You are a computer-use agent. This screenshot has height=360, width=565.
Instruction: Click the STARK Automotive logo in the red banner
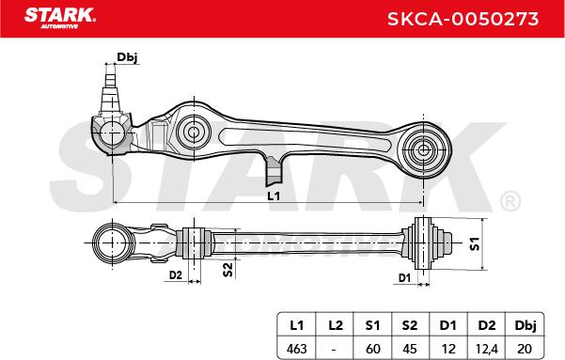pos(60,18)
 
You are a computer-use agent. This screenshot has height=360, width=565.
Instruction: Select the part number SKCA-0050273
pos(463,19)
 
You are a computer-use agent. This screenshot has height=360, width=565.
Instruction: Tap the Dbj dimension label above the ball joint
pos(127,57)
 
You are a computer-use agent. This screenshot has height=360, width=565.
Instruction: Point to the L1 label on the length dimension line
pos(274,196)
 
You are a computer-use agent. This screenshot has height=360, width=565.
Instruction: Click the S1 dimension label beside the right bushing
pos(475,243)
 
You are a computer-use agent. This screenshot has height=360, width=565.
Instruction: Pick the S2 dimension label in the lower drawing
pos(228,270)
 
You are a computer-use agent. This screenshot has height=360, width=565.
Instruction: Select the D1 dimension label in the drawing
pos(404,278)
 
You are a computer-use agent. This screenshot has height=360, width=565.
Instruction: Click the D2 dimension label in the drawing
pos(176,275)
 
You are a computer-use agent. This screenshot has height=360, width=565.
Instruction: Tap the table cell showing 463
pos(296,349)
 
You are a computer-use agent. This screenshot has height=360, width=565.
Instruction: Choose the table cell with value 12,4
pos(486,349)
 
